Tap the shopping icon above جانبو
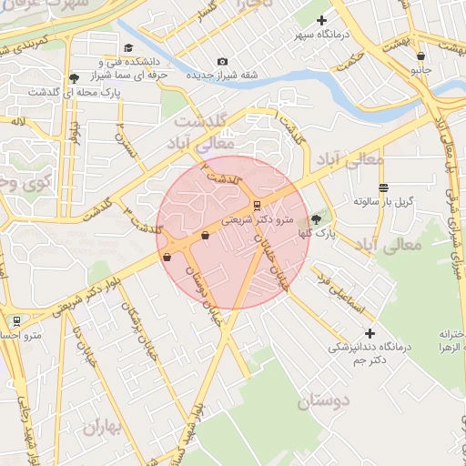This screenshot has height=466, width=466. pos(420,53)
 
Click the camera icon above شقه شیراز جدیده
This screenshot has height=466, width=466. pos(223,61)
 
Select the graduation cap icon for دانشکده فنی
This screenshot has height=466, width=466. pos(128,47)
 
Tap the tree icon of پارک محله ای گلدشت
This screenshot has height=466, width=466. pos(74,78)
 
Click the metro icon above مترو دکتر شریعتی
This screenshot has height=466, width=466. pos(257,204)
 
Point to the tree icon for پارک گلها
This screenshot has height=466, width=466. pos(316,218)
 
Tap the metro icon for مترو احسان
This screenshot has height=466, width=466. pos(15,320)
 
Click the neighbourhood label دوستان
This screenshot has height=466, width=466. pos(324,399)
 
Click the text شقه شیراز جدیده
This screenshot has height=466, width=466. pos(223,75)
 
